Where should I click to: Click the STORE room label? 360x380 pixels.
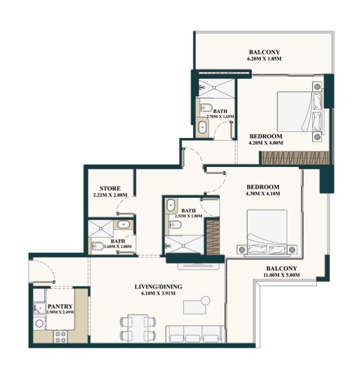(110, 188)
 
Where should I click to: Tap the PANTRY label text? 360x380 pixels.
(60, 307)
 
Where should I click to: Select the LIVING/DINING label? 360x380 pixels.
(158, 287)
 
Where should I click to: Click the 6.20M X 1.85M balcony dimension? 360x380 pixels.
(264, 59)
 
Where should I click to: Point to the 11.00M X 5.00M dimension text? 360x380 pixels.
(282, 275)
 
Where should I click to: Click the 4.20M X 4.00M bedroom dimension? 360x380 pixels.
(265, 143)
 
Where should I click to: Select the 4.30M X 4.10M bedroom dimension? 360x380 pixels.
(263, 194)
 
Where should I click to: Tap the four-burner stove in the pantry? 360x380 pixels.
(60, 337)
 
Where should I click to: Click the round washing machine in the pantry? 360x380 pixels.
(39, 323)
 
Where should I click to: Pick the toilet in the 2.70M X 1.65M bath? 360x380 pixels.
(206, 107)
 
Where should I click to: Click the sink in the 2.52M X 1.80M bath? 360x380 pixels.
(171, 205)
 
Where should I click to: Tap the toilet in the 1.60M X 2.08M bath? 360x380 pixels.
(98, 246)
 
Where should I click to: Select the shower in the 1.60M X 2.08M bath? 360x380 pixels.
(101, 229)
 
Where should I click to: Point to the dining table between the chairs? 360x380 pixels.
(138, 328)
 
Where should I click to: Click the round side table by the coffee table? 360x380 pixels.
(206, 300)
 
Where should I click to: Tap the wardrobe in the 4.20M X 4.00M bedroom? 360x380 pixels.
(295, 158)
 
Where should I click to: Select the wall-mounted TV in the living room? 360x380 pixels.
(198, 266)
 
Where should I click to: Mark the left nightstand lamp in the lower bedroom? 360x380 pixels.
(242, 249)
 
